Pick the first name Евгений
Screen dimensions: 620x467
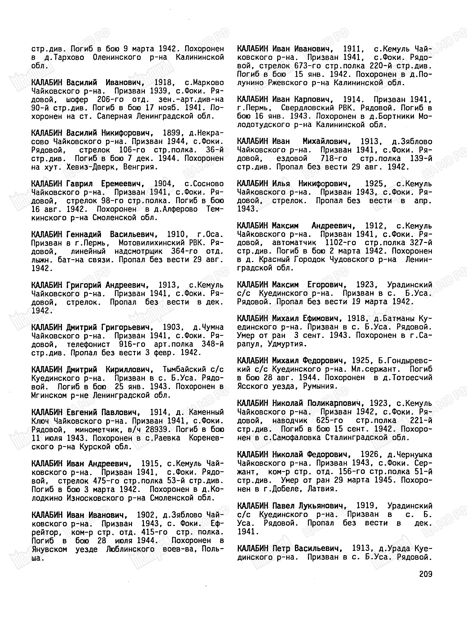(x=81, y=412)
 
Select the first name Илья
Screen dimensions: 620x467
(x=281, y=184)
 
